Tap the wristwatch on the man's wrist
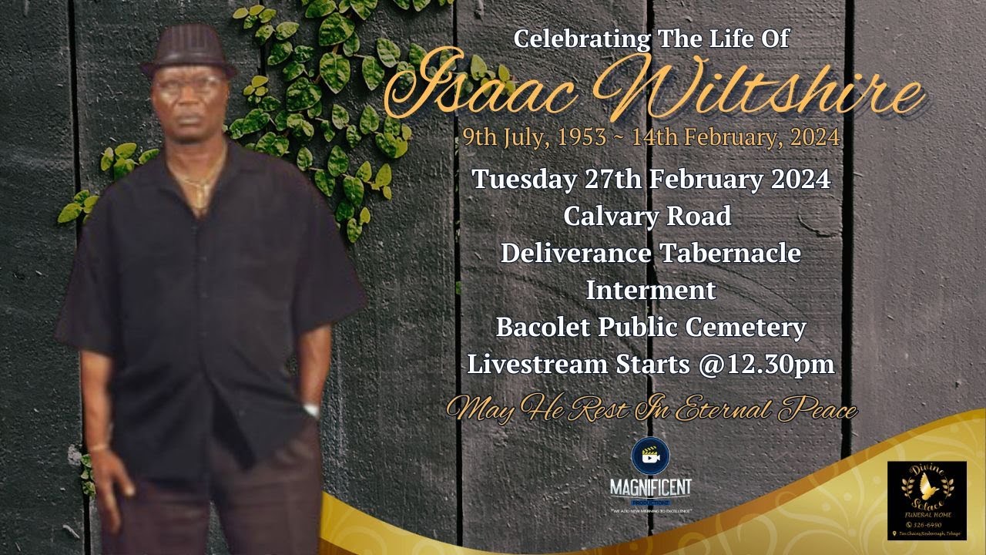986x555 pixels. coord(311,409)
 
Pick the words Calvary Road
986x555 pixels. coord(647,217)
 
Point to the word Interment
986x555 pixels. coord(651,291)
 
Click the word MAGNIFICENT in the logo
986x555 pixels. coord(650,488)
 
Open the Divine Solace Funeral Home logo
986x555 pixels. coord(926,499)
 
